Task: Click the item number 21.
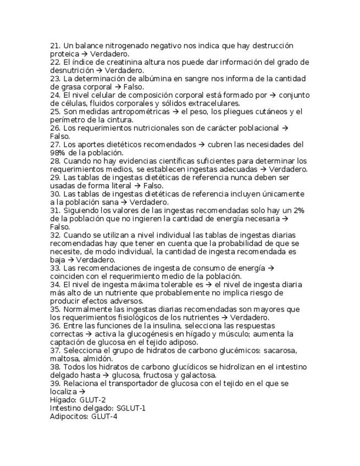(55, 46)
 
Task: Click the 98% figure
(58, 153)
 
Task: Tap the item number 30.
(55, 194)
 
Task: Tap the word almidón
(97, 359)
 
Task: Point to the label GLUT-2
(92, 400)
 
